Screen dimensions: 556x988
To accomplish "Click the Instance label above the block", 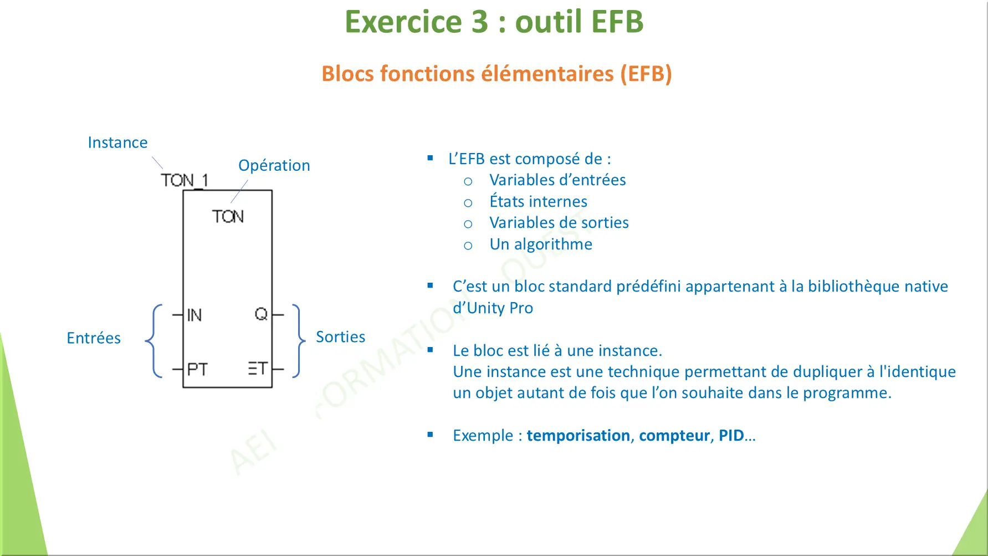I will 117,142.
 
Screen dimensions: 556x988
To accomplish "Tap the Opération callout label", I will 274,165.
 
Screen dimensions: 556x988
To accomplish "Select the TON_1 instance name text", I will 184,180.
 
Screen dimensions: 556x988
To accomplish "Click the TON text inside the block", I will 227,216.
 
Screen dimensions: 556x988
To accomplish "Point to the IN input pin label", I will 194,315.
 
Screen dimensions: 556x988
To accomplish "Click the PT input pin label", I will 197,369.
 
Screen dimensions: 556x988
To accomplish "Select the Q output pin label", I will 260,314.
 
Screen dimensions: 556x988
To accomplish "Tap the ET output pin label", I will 258,369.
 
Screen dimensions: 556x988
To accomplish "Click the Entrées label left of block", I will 93,338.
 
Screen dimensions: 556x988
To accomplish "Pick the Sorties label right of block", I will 340,336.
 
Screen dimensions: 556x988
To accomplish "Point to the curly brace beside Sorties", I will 299,341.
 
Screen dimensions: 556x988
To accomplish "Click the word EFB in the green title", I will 617,22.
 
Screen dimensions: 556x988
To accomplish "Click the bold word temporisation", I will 578,435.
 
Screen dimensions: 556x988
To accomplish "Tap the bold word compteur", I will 674,435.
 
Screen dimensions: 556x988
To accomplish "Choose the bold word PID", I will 731,435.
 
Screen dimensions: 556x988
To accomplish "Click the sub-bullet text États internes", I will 538,201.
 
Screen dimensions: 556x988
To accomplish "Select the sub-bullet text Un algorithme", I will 541,244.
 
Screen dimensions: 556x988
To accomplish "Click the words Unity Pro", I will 500,308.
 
